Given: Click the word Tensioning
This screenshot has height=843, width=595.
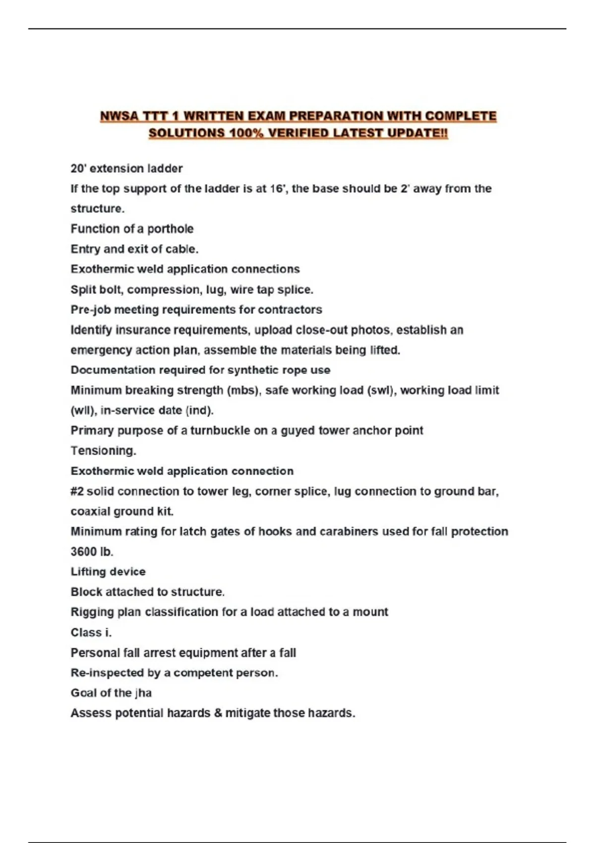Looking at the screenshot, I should pyautogui.click(x=103, y=451).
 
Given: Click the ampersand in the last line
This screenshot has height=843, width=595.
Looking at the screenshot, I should pyautogui.click(x=218, y=713).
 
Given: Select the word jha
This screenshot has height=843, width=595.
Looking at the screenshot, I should pyautogui.click(x=143, y=693).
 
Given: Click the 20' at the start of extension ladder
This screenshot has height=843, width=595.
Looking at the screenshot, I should pyautogui.click(x=78, y=169).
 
